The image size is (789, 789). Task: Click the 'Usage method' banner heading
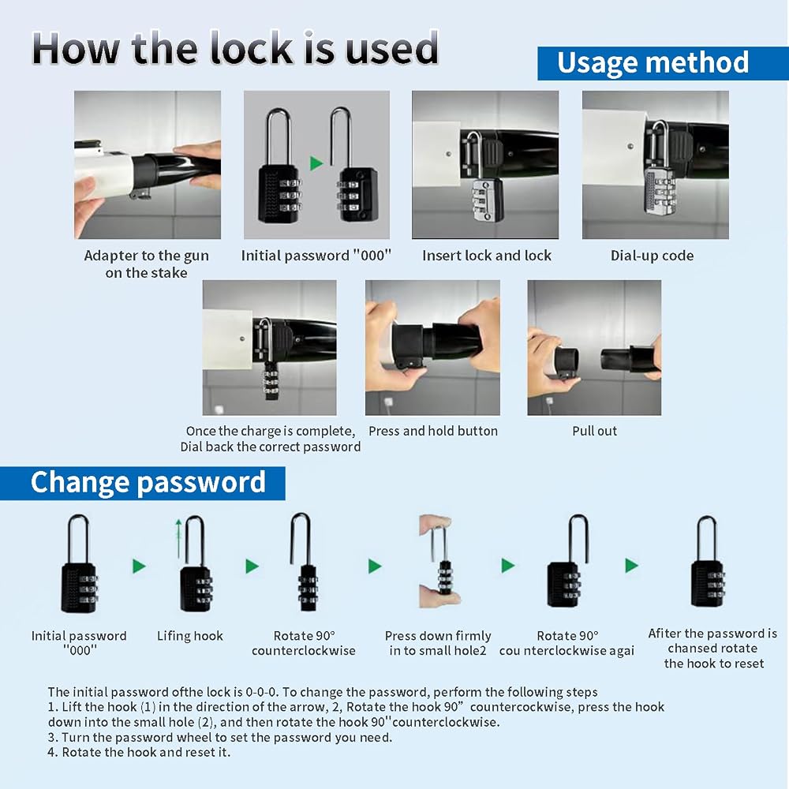pyautogui.click(x=653, y=63)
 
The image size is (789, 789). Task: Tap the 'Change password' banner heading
pyautogui.click(x=148, y=482)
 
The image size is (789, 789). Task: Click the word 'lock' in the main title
pyautogui.click(x=250, y=48)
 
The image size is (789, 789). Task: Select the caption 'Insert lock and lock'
pyautogui.click(x=487, y=256)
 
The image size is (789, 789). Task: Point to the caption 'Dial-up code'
pyautogui.click(x=653, y=256)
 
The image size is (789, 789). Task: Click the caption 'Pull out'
pyautogui.click(x=594, y=431)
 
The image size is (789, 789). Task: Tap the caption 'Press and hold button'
pyautogui.click(x=432, y=431)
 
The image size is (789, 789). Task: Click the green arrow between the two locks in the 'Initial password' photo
pyautogui.click(x=316, y=163)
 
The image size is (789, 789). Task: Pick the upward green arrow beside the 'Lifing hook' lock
pyautogui.click(x=178, y=538)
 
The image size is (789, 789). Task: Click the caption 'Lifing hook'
pyautogui.click(x=189, y=636)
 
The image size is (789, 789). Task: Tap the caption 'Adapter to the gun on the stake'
pyautogui.click(x=147, y=264)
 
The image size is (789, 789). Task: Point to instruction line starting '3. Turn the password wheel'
pyautogui.click(x=220, y=737)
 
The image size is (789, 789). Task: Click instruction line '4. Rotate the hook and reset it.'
pyautogui.click(x=139, y=752)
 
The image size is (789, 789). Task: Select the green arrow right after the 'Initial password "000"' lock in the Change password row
pyautogui.click(x=140, y=566)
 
